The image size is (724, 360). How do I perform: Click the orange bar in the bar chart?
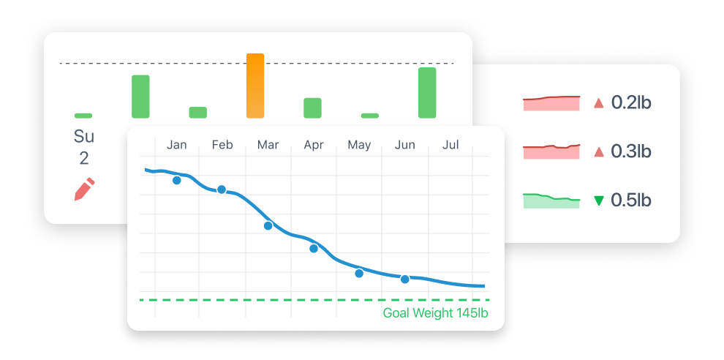[254, 86]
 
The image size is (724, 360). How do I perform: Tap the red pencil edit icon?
[84, 189]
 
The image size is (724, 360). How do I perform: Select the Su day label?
[84, 136]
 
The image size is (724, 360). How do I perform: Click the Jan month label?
[177, 145]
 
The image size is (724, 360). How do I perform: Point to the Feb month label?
[222, 145]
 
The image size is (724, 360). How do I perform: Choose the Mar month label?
[268, 145]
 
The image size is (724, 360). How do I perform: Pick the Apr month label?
[314, 145]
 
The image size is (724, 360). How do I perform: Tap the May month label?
[359, 145]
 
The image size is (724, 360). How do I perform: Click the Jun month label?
[404, 145]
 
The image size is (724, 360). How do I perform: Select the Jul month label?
[450, 145]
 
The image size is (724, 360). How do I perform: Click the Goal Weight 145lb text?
[435, 313]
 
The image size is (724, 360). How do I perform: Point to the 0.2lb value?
[631, 102]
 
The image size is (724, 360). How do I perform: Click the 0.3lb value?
[631, 151]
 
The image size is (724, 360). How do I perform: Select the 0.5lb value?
[631, 200]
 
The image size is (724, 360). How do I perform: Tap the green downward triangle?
[599, 200]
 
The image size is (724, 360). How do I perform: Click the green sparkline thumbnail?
[551, 200]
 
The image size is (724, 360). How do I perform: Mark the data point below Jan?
[176, 180]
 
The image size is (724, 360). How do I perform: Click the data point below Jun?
[404, 279]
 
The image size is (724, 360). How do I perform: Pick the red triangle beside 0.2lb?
[599, 102]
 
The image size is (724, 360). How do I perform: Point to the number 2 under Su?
[84, 158]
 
